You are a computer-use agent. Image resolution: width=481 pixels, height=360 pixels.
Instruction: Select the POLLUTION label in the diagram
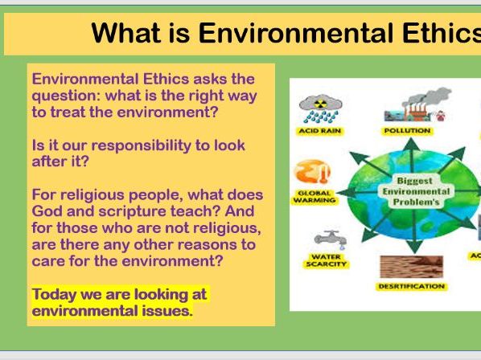click(x=408, y=130)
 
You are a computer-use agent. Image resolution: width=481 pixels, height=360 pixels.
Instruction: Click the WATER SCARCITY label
click(x=327, y=260)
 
